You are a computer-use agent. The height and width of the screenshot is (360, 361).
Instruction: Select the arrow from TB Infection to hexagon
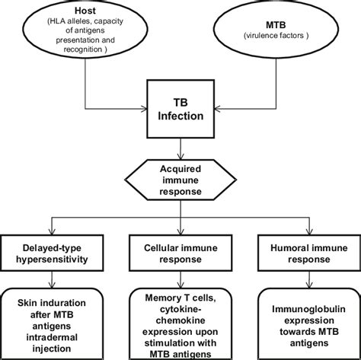tap(180, 148)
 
